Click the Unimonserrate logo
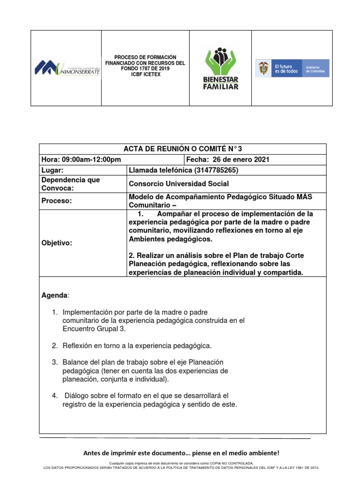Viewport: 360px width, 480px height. tap(67, 68)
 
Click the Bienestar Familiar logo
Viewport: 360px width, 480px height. tap(220, 68)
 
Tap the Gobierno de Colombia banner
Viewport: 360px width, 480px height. tap(292, 68)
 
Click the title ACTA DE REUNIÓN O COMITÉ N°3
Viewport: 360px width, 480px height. tap(182, 150)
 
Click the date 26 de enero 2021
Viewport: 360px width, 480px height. tap(239, 160)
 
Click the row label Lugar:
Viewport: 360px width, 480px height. tap(52, 170)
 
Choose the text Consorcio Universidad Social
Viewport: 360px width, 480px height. tap(179, 184)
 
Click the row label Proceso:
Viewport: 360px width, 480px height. tap(57, 201)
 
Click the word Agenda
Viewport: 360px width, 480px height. tap(54, 296)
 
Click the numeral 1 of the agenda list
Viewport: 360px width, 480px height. tap(54, 312)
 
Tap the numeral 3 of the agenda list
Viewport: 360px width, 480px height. tap(54, 362)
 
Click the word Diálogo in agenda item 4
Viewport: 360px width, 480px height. tap(77, 396)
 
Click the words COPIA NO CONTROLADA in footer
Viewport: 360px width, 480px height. tap(230, 463)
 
